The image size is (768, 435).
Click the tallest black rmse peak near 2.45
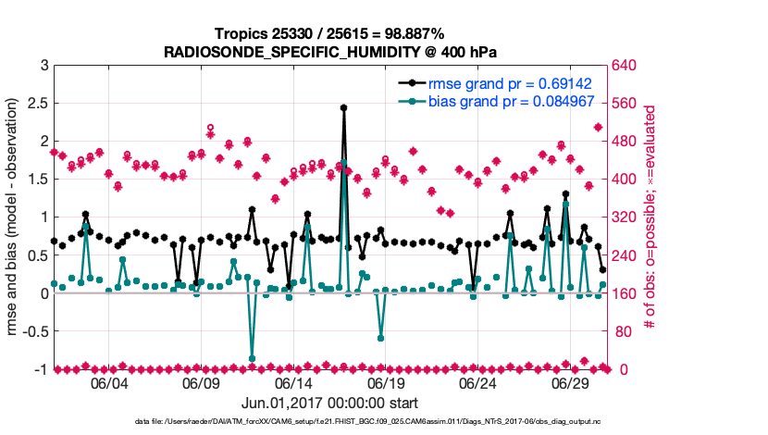tap(343, 107)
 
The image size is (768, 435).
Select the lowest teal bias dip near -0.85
tap(252, 358)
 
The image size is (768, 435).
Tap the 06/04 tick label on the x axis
tap(108, 384)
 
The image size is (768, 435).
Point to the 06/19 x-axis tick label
tap(386, 384)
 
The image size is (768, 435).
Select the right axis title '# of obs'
tap(651, 217)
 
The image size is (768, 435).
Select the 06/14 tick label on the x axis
tap(293, 384)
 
